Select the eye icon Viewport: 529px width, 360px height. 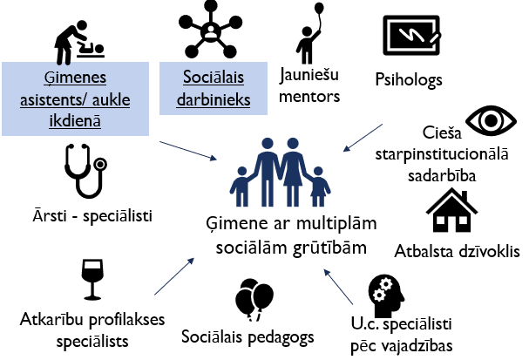pos(489,121)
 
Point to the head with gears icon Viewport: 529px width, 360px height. pos(389,297)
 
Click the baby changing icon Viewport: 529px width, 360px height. pos(76,32)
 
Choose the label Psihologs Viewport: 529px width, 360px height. pos(408,80)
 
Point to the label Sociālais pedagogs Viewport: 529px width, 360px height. pos(237,336)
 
